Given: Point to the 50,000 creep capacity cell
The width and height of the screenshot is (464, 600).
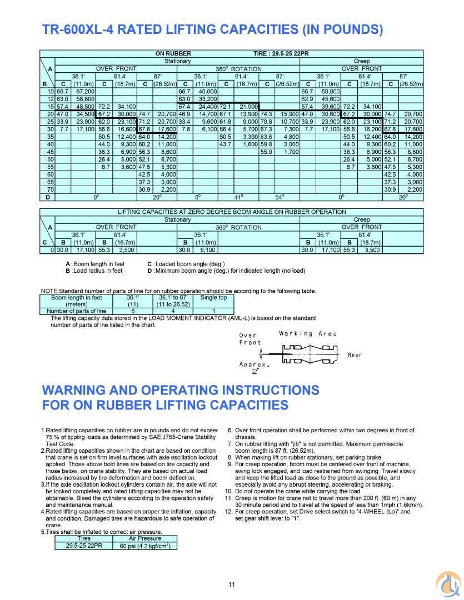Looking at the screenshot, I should tap(330, 91).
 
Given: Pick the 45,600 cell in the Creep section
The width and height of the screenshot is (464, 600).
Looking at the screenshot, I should tap(330, 98).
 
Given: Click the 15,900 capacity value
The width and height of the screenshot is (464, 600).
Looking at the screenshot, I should tap(289, 113).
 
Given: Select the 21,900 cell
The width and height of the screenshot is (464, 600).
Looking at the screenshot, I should tap(248, 106).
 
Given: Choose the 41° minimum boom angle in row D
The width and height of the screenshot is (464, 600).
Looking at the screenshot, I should tap(238, 197).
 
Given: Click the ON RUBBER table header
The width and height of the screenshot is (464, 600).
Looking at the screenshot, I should tap(172, 53).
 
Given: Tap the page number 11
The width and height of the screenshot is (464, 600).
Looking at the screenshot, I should tap(232, 584).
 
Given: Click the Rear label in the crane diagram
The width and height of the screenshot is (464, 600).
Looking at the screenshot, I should tap(354, 356).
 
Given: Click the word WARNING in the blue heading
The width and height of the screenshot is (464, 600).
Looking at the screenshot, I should tap(80, 390).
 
